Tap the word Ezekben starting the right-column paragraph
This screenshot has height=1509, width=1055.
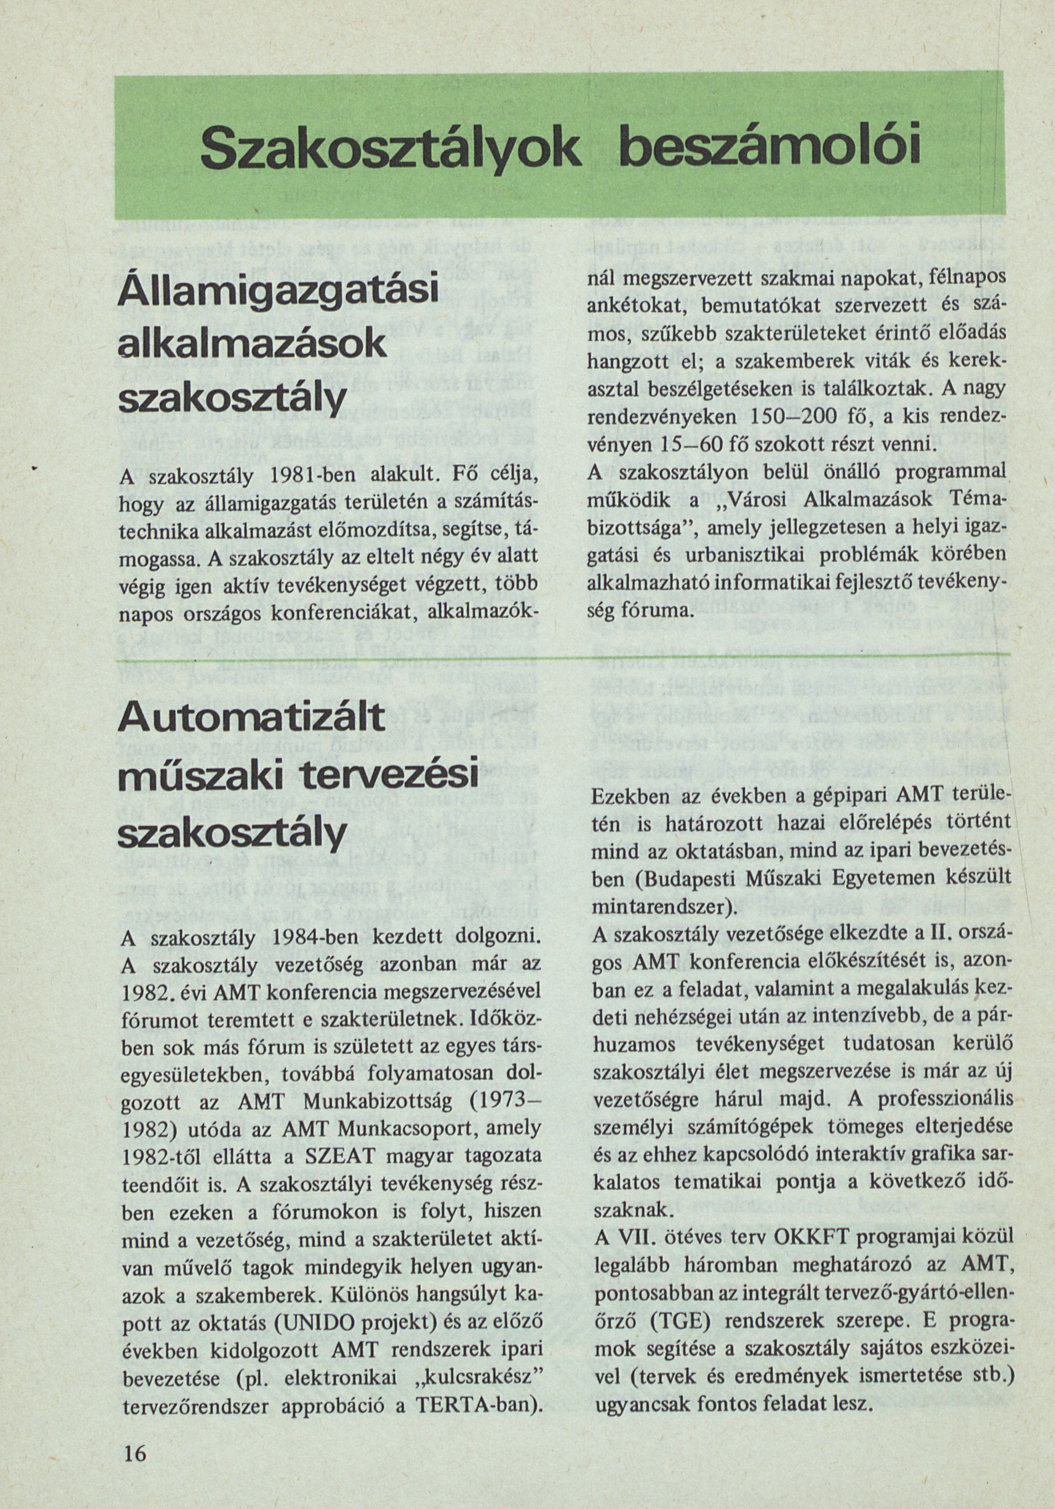click(629, 798)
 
